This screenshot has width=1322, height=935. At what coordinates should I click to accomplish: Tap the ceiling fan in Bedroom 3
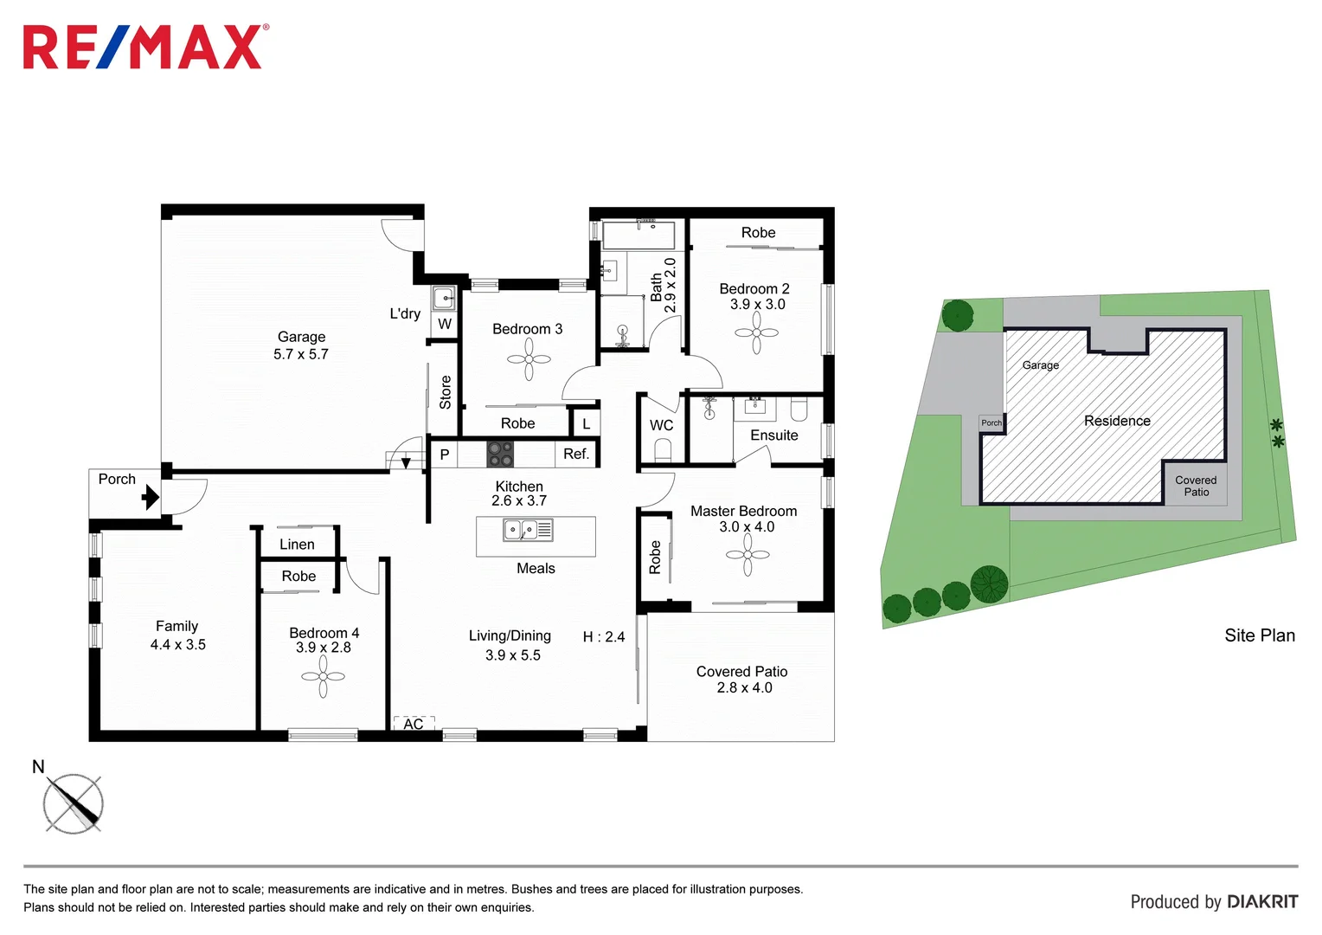[x=529, y=358]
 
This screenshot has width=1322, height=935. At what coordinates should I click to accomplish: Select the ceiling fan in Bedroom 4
[x=323, y=676]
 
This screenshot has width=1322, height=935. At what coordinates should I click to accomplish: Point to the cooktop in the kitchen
[x=500, y=454]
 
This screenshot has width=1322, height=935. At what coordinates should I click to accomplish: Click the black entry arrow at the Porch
[x=151, y=497]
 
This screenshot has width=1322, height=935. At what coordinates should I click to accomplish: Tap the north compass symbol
[x=73, y=803]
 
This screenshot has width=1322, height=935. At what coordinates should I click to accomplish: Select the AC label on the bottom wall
[x=414, y=724]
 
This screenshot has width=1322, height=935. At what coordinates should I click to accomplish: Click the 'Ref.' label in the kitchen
[x=575, y=454]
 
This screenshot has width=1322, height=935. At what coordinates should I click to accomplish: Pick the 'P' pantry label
[x=445, y=454]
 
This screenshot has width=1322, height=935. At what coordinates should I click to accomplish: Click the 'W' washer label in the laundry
[x=445, y=324]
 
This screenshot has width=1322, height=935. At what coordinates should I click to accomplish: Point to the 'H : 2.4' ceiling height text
[x=603, y=637]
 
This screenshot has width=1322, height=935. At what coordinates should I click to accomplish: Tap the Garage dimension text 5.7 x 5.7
[x=301, y=354]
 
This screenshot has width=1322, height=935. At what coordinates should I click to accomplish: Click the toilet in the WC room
[x=663, y=449]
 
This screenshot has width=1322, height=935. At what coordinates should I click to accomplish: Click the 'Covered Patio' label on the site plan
[x=1196, y=486]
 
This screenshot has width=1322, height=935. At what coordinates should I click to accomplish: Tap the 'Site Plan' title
[x=1259, y=635]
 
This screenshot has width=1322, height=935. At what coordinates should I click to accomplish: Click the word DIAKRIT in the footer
[x=1262, y=902]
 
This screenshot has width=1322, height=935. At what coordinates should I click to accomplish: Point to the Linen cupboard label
[x=297, y=545]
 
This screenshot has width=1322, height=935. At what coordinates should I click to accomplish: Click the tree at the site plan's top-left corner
[x=958, y=315]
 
